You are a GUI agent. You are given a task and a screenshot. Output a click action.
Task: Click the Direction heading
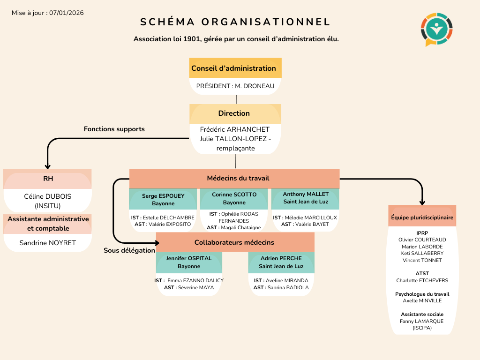coord(234,113)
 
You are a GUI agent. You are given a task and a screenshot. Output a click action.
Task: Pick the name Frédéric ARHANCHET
coord(235,129)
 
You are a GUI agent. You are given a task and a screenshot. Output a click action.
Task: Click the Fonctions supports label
coord(114,129)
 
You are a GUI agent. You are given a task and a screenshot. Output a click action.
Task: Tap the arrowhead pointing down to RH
coord(47,165)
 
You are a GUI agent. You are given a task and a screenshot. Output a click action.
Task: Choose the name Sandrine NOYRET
coord(47,243)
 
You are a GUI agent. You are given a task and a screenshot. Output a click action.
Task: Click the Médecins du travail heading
coord(238,178)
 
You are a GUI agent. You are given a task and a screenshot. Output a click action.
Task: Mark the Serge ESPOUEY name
coord(163,196)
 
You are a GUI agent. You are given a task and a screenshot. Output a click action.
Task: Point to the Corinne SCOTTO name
coord(234,194)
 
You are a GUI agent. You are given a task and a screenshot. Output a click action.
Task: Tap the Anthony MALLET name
coord(306,194)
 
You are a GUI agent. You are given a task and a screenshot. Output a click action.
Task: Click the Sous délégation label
coord(129,250)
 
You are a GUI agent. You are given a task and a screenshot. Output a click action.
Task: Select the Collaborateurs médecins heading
coord(234,242)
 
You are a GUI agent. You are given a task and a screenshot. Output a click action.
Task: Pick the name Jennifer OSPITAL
coord(189,258)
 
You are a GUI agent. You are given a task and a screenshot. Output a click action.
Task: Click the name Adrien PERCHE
coord(281,258)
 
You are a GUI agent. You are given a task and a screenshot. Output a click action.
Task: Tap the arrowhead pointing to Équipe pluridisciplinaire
coord(422,202)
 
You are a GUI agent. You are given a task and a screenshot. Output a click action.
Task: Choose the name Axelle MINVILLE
coord(422,301)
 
